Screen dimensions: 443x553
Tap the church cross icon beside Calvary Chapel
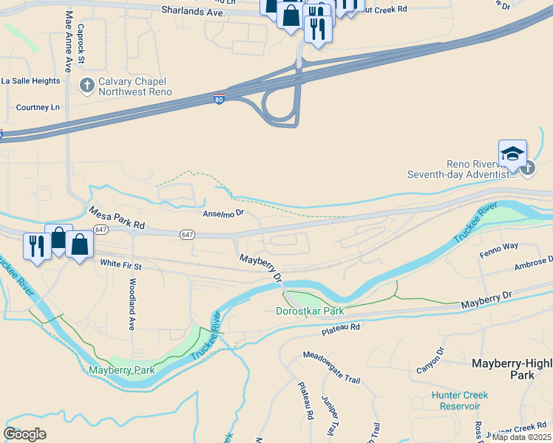tap(87, 86)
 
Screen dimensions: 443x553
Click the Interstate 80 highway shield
tap(219, 98)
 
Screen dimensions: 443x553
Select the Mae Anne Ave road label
tap(69, 41)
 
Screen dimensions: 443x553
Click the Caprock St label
tap(81, 44)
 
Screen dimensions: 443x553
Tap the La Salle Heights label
tap(30, 81)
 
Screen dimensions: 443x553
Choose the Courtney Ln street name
tap(38, 107)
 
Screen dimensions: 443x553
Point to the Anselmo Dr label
tap(223, 213)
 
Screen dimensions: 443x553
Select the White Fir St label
tap(121, 264)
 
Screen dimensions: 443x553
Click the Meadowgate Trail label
tap(331, 367)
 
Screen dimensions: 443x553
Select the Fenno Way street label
tap(501, 246)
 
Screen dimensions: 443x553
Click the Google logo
tap(25, 433)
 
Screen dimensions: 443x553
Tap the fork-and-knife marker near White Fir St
tap(36, 245)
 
